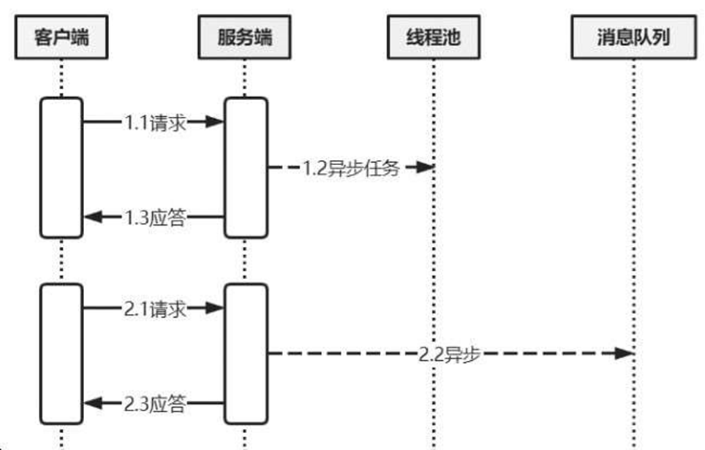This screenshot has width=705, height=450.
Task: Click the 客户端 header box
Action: click(61, 37)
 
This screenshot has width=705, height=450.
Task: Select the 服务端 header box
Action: click(244, 37)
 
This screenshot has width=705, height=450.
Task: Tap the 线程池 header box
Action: click(434, 37)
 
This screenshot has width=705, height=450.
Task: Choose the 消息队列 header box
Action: click(633, 37)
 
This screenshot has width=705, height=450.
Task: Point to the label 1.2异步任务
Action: click(352, 168)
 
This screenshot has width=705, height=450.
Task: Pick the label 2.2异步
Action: click(449, 354)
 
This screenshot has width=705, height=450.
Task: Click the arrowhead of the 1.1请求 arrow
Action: click(215, 122)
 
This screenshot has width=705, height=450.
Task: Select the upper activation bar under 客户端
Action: click(61, 168)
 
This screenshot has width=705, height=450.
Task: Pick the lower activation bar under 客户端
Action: click(61, 354)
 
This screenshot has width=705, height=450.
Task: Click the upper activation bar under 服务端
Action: click(246, 168)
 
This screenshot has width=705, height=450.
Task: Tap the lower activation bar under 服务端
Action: click(246, 354)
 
